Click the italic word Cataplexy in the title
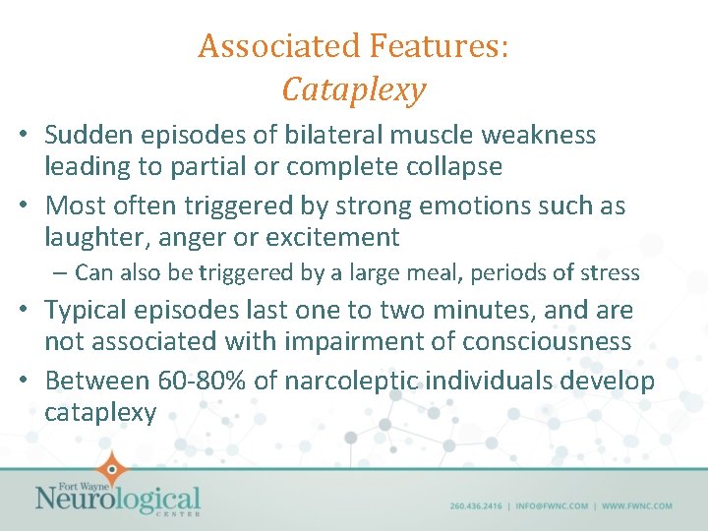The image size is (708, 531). pos(354,89)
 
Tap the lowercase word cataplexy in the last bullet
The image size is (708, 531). pos(100,412)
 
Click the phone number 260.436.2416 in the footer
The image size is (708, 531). pos(476,506)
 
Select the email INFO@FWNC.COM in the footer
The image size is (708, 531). pos(550,506)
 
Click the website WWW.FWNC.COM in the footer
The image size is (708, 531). pos(637,506)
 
